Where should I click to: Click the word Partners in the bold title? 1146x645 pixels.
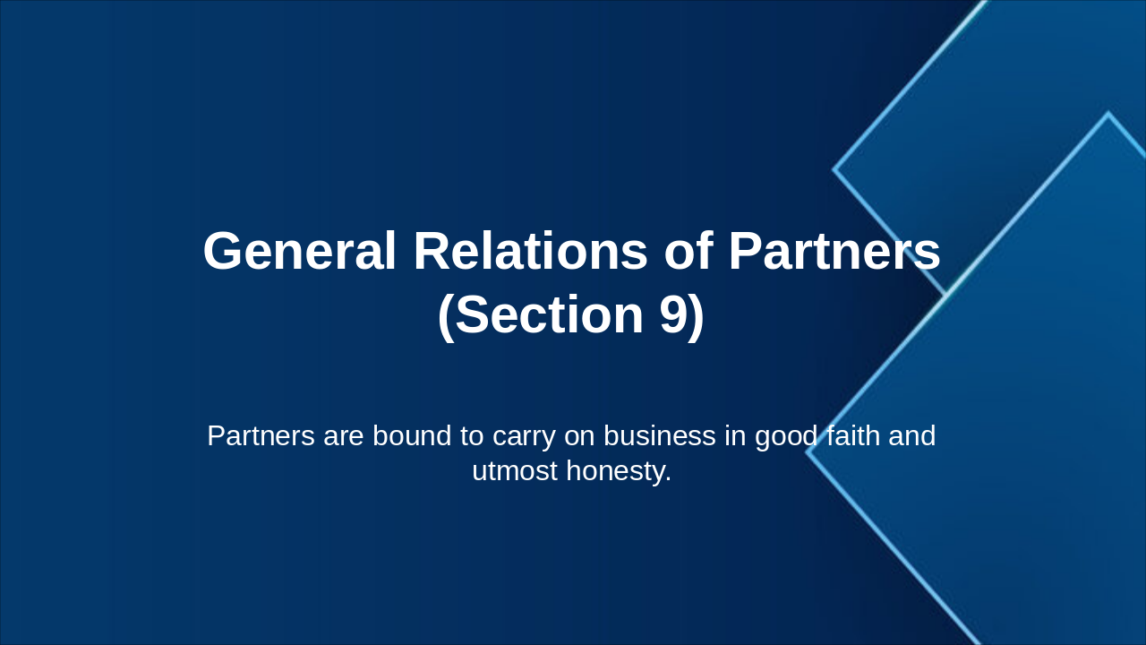(x=834, y=252)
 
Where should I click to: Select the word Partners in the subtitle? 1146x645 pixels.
(x=261, y=436)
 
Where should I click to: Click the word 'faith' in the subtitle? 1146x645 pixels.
(x=853, y=436)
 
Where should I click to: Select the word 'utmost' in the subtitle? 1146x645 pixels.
(x=515, y=471)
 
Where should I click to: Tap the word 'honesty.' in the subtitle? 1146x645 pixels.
(x=619, y=471)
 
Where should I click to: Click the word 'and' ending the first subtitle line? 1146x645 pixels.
(x=912, y=436)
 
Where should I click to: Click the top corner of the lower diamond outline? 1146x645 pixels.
(x=1108, y=114)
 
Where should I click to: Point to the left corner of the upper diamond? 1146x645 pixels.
(x=834, y=169)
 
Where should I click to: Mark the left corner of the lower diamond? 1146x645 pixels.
(x=808, y=452)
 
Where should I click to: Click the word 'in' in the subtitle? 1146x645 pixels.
(x=735, y=436)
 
